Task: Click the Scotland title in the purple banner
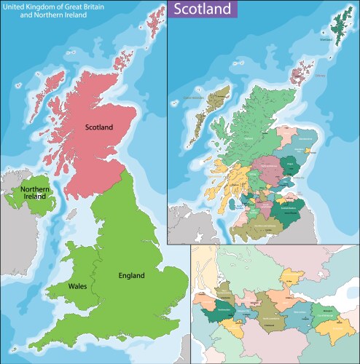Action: [203, 9]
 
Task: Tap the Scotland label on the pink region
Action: [99, 127]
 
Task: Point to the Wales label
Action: [78, 286]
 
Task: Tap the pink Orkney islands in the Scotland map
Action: [300, 72]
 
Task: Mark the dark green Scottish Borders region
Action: [290, 210]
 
